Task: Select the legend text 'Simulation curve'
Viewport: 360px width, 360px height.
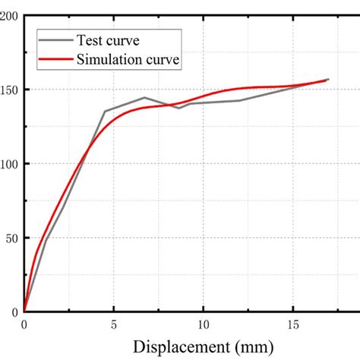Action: (x=128, y=58)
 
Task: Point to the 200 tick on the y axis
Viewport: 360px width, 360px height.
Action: (x=10, y=16)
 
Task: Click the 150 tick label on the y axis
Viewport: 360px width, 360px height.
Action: (x=10, y=90)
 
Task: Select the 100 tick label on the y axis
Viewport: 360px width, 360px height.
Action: (x=10, y=163)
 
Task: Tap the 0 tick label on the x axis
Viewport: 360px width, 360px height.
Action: (x=24, y=324)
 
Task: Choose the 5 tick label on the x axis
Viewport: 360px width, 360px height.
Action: (x=114, y=324)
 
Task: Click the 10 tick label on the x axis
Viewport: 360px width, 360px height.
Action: (x=204, y=324)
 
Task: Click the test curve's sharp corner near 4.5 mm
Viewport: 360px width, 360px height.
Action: (x=105, y=111)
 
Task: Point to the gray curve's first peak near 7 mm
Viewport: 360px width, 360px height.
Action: (x=144, y=97)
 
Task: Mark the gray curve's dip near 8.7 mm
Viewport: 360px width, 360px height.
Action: (x=180, y=108)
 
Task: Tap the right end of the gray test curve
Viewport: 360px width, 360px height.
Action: (x=328, y=79)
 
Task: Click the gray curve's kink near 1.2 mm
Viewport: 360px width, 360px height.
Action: (x=46, y=240)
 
